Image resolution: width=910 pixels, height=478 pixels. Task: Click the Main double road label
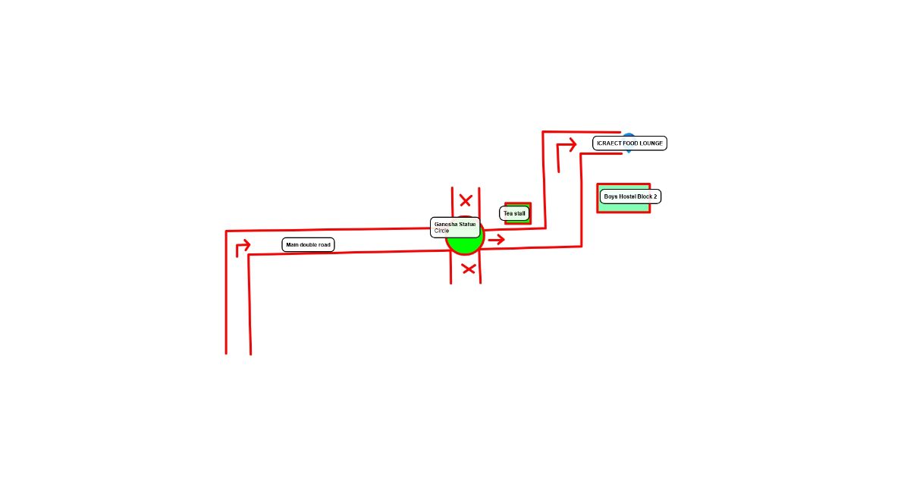[x=309, y=244]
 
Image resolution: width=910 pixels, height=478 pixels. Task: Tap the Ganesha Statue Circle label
[x=455, y=227]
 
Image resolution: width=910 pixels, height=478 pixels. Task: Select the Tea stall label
[x=514, y=213]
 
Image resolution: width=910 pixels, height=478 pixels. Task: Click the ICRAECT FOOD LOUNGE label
[x=629, y=143]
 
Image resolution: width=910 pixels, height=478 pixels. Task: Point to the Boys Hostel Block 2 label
[x=630, y=197]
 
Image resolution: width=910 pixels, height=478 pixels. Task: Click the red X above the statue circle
[x=466, y=200]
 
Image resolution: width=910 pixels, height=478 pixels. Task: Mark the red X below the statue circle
[x=469, y=269]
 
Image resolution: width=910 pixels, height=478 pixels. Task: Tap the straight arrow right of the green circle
[x=497, y=240]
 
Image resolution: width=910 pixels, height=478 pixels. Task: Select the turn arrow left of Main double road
[x=243, y=248]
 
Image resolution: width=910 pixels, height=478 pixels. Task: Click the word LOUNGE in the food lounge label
[x=651, y=143]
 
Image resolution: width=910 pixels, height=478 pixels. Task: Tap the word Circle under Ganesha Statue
[x=441, y=231]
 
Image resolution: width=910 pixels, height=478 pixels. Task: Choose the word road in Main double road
[x=325, y=244]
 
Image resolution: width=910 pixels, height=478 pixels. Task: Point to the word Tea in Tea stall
[x=508, y=213]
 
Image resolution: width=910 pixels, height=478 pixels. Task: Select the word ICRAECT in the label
[x=610, y=143]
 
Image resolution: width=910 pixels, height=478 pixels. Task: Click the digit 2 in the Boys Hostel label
[x=655, y=197]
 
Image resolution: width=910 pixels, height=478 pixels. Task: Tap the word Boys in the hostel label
[x=610, y=197]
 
